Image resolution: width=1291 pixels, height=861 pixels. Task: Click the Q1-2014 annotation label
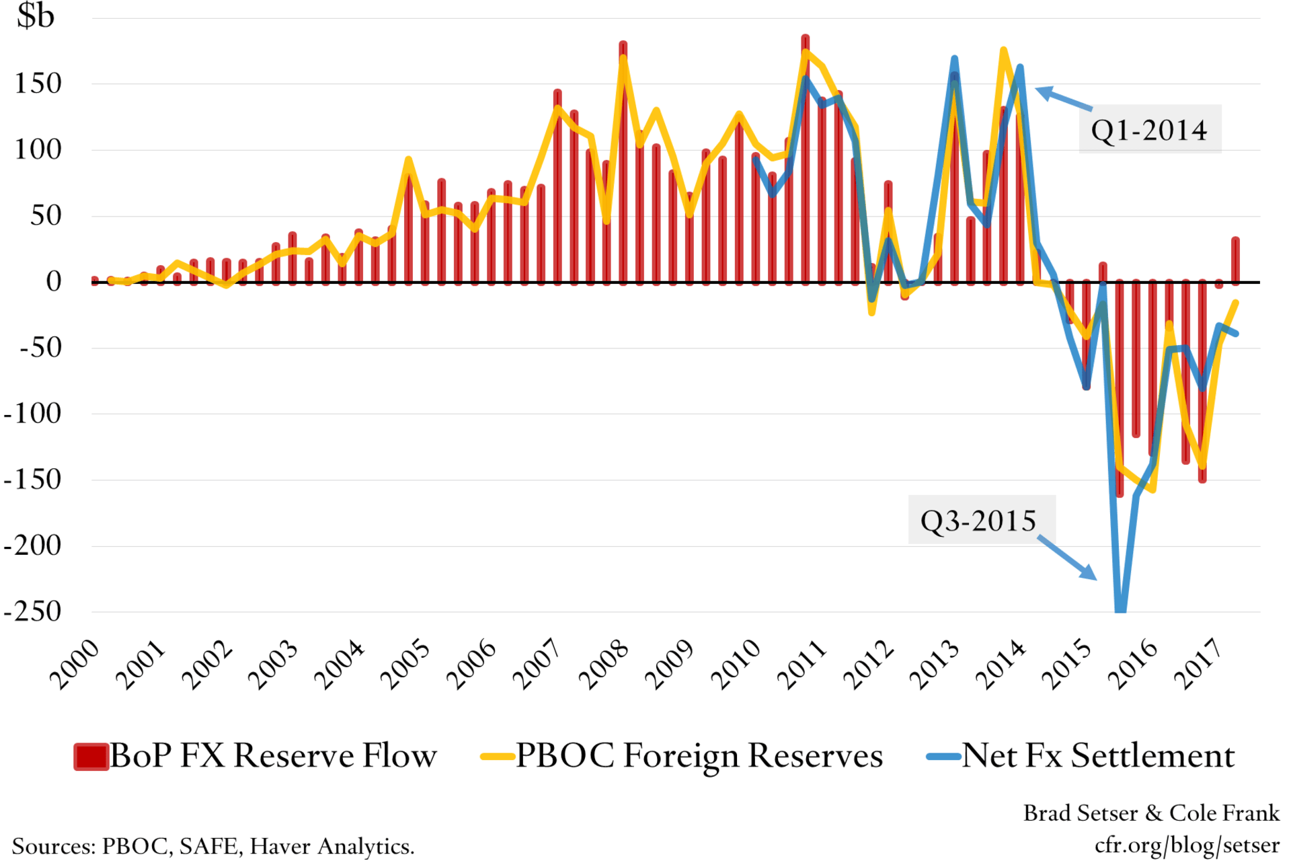[x=1148, y=130]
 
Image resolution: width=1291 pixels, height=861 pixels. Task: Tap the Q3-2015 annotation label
[x=978, y=521]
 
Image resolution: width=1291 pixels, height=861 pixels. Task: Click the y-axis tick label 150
[x=38, y=84]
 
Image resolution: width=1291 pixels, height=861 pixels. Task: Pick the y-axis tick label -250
[x=32, y=611]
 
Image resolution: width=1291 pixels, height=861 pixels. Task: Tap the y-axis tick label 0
[x=53, y=282]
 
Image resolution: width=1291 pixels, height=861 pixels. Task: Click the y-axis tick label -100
[x=32, y=414]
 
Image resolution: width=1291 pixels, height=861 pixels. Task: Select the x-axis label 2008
[x=603, y=665]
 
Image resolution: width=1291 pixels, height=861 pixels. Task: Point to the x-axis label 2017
[x=1199, y=665]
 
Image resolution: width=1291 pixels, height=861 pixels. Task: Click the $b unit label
[x=36, y=16]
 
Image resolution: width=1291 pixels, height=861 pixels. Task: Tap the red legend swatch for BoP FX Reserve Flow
[x=91, y=756]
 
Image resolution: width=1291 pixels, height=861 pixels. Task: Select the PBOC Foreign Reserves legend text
[x=699, y=755]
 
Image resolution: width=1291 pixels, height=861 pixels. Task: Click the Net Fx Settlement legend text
[x=1098, y=755]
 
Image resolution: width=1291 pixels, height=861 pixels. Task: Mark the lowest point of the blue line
[x=1120, y=608]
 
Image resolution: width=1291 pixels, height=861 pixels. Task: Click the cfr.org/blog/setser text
[x=1187, y=844]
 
